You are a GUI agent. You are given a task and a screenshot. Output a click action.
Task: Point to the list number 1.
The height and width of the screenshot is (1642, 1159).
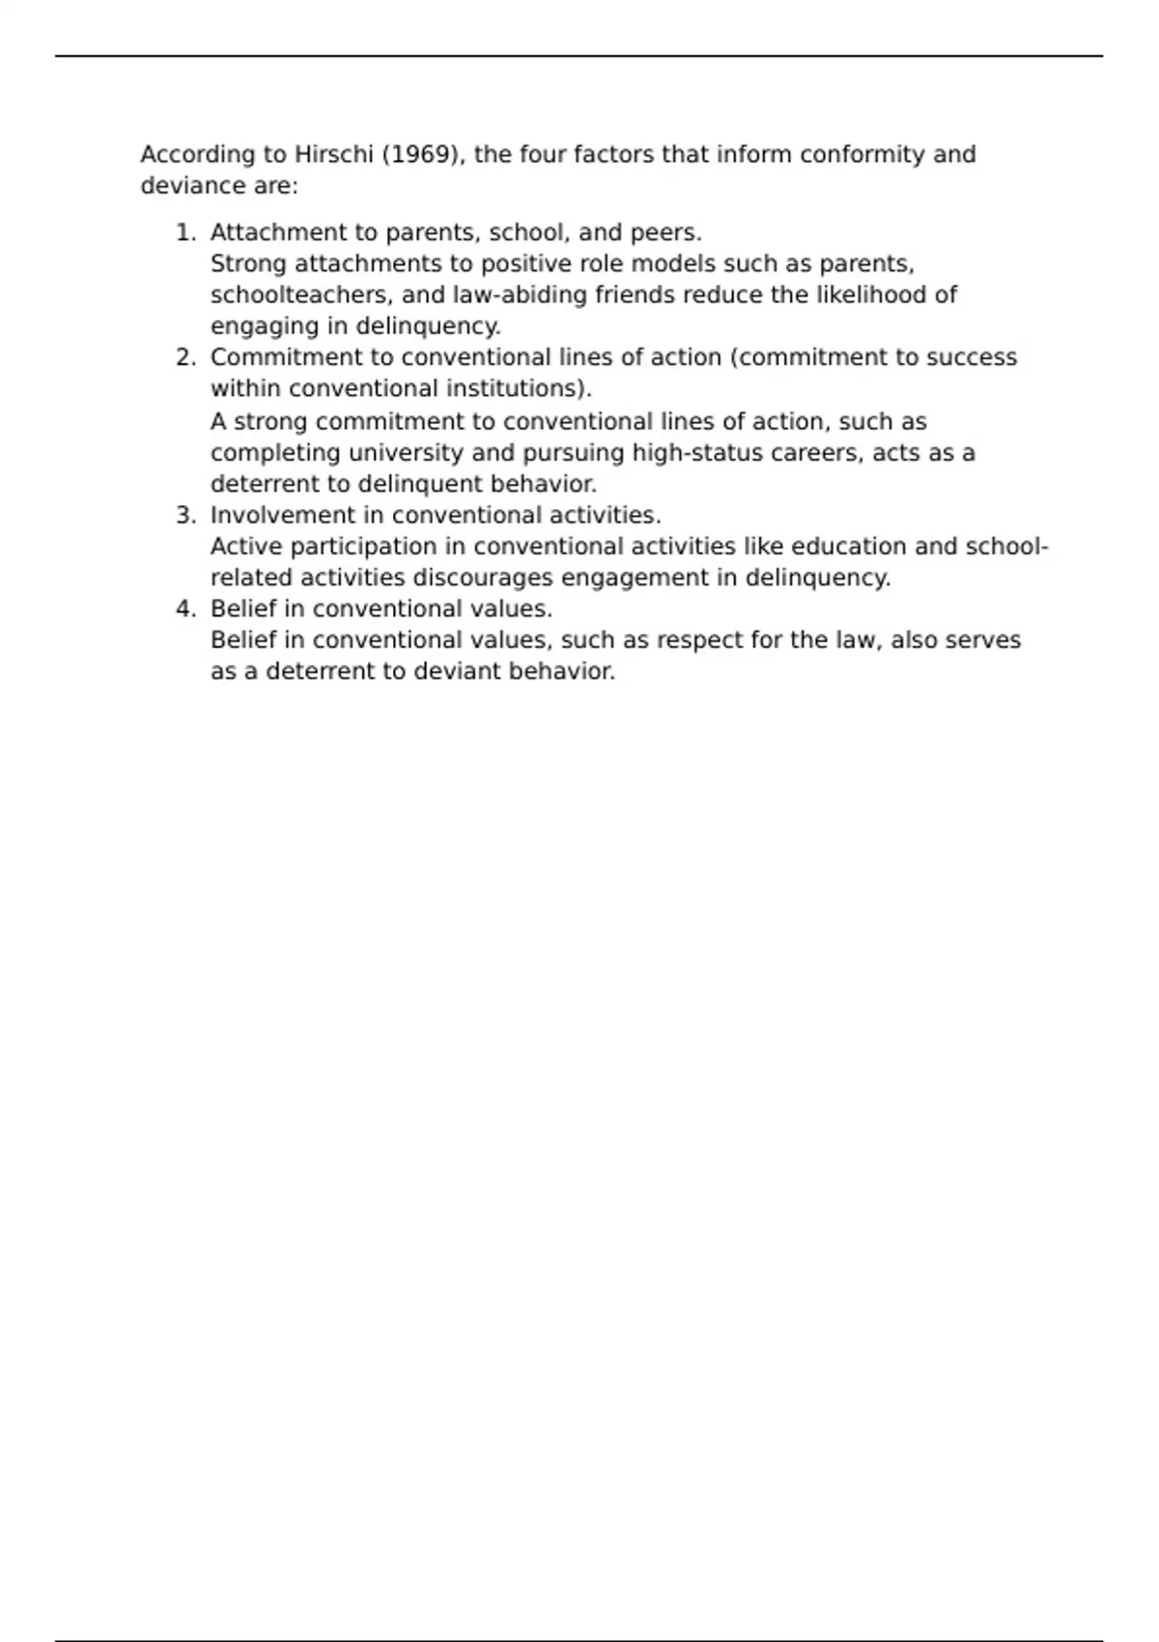point(184,233)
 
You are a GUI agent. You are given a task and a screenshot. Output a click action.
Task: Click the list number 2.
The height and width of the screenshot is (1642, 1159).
point(184,357)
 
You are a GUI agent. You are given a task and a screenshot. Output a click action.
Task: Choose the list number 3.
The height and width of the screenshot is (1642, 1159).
point(184,515)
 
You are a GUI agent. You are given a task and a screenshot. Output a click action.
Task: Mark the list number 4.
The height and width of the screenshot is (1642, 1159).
point(184,609)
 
